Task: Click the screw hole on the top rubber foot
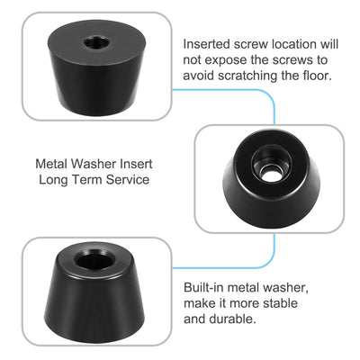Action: click(94, 42)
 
